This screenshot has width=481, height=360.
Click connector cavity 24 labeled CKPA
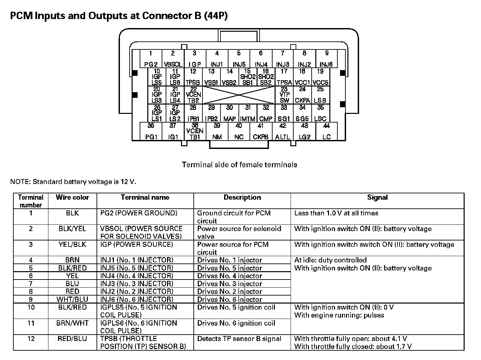click(x=302, y=95)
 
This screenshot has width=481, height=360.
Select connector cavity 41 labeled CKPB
click(x=261, y=131)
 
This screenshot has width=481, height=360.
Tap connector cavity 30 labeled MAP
click(x=229, y=113)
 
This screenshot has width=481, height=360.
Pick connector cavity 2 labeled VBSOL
click(x=173, y=59)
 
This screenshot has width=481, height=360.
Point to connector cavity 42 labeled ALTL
click(x=283, y=131)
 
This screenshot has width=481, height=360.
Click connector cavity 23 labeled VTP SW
click(x=284, y=95)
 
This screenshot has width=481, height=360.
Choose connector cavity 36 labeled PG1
click(x=151, y=131)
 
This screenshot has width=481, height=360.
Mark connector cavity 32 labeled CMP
click(x=266, y=113)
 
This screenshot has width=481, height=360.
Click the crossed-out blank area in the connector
click(x=239, y=95)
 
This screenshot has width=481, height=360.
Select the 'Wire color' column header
click(x=72, y=197)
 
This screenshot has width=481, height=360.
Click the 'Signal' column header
click(x=377, y=197)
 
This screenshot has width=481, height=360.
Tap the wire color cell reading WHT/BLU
click(x=72, y=299)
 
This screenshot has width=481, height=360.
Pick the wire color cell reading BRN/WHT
click(x=72, y=323)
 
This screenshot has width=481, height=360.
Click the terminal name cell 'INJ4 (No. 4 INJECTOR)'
click(x=137, y=276)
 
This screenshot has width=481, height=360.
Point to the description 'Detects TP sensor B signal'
click(x=239, y=339)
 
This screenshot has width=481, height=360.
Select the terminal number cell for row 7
click(x=31, y=284)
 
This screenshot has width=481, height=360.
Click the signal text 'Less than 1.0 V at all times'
click(x=336, y=213)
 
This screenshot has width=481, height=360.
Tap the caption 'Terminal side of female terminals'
click(x=239, y=165)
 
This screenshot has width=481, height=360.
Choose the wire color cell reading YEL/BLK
click(x=72, y=244)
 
